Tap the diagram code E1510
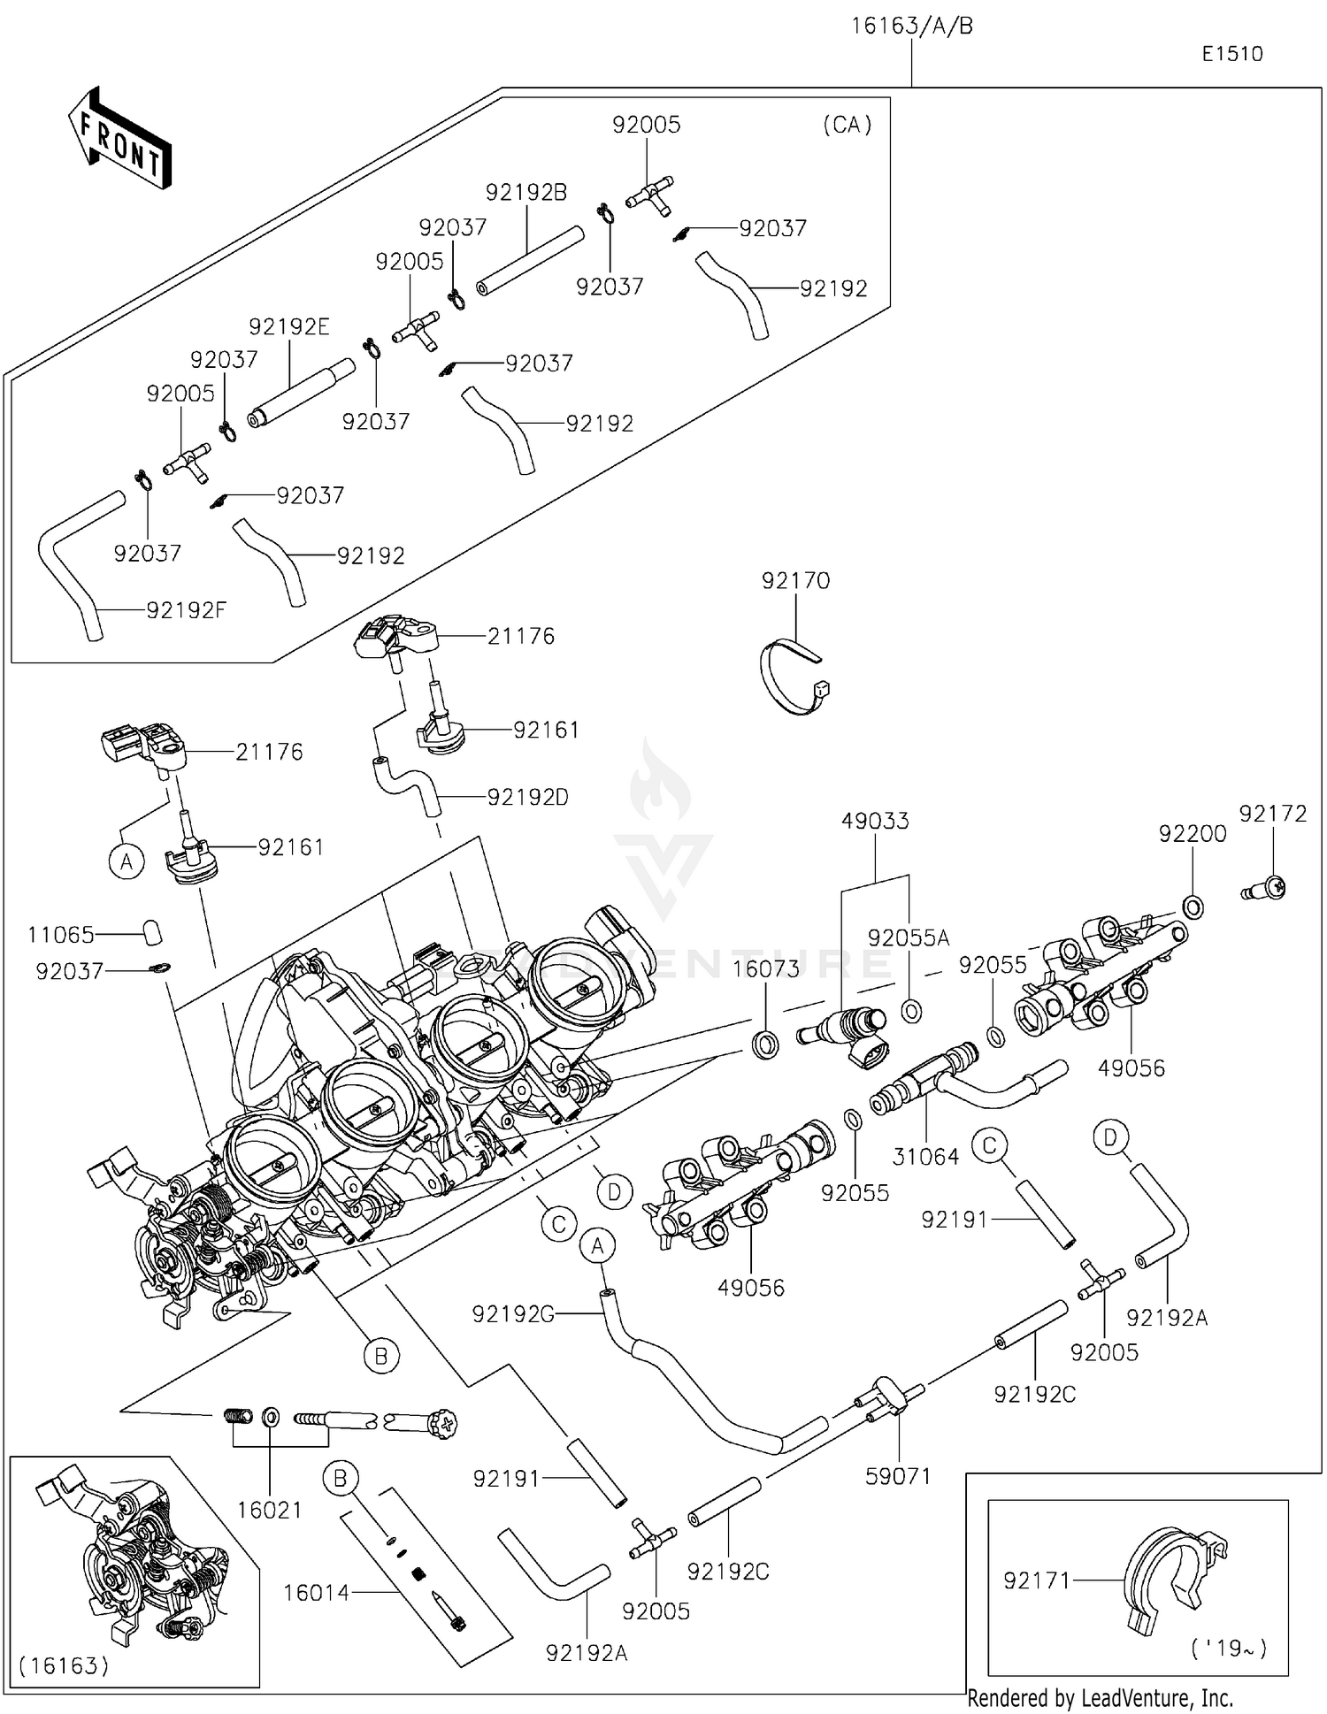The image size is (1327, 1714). [x=1232, y=54]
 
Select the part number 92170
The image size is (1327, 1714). [x=795, y=581]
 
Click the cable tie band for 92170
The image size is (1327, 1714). [x=794, y=677]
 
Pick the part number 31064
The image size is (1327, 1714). [x=925, y=1156]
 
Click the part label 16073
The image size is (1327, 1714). [x=765, y=968]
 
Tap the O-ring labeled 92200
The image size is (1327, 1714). [x=1192, y=906]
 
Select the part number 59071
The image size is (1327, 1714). [x=898, y=1475]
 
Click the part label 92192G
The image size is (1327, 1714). [x=513, y=1314]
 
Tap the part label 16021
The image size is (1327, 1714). [x=270, y=1510]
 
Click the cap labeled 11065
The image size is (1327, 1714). [x=152, y=932]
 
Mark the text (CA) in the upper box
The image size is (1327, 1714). [x=848, y=125]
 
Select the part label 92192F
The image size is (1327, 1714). [x=187, y=610]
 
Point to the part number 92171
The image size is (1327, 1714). [x=1037, y=1580]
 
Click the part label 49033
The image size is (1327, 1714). [x=875, y=821]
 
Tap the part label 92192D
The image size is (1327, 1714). [x=528, y=797]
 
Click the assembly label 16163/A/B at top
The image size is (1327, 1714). [x=912, y=27]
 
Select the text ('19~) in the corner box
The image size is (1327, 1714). [x=1229, y=1648]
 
